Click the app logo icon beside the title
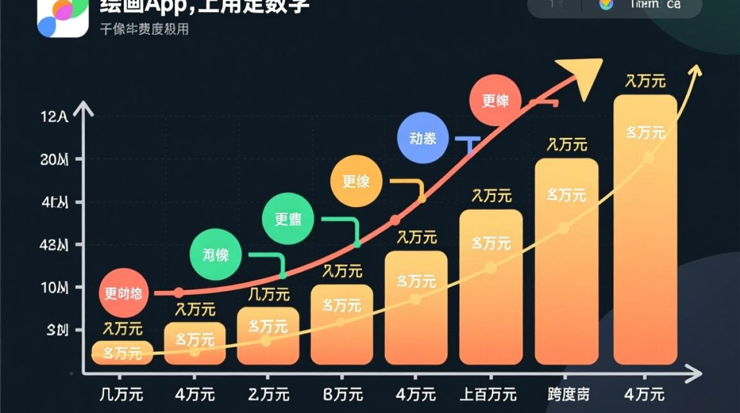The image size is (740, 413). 62,17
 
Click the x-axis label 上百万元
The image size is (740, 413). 488,394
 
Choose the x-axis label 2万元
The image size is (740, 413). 269,394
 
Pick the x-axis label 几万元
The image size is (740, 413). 122,394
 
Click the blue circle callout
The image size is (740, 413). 422,138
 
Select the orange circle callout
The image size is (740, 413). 356,181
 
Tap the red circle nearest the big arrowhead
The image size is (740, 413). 496,101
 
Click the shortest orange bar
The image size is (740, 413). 122,352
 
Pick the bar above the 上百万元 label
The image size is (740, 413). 491,286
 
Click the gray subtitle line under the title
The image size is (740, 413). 144,29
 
